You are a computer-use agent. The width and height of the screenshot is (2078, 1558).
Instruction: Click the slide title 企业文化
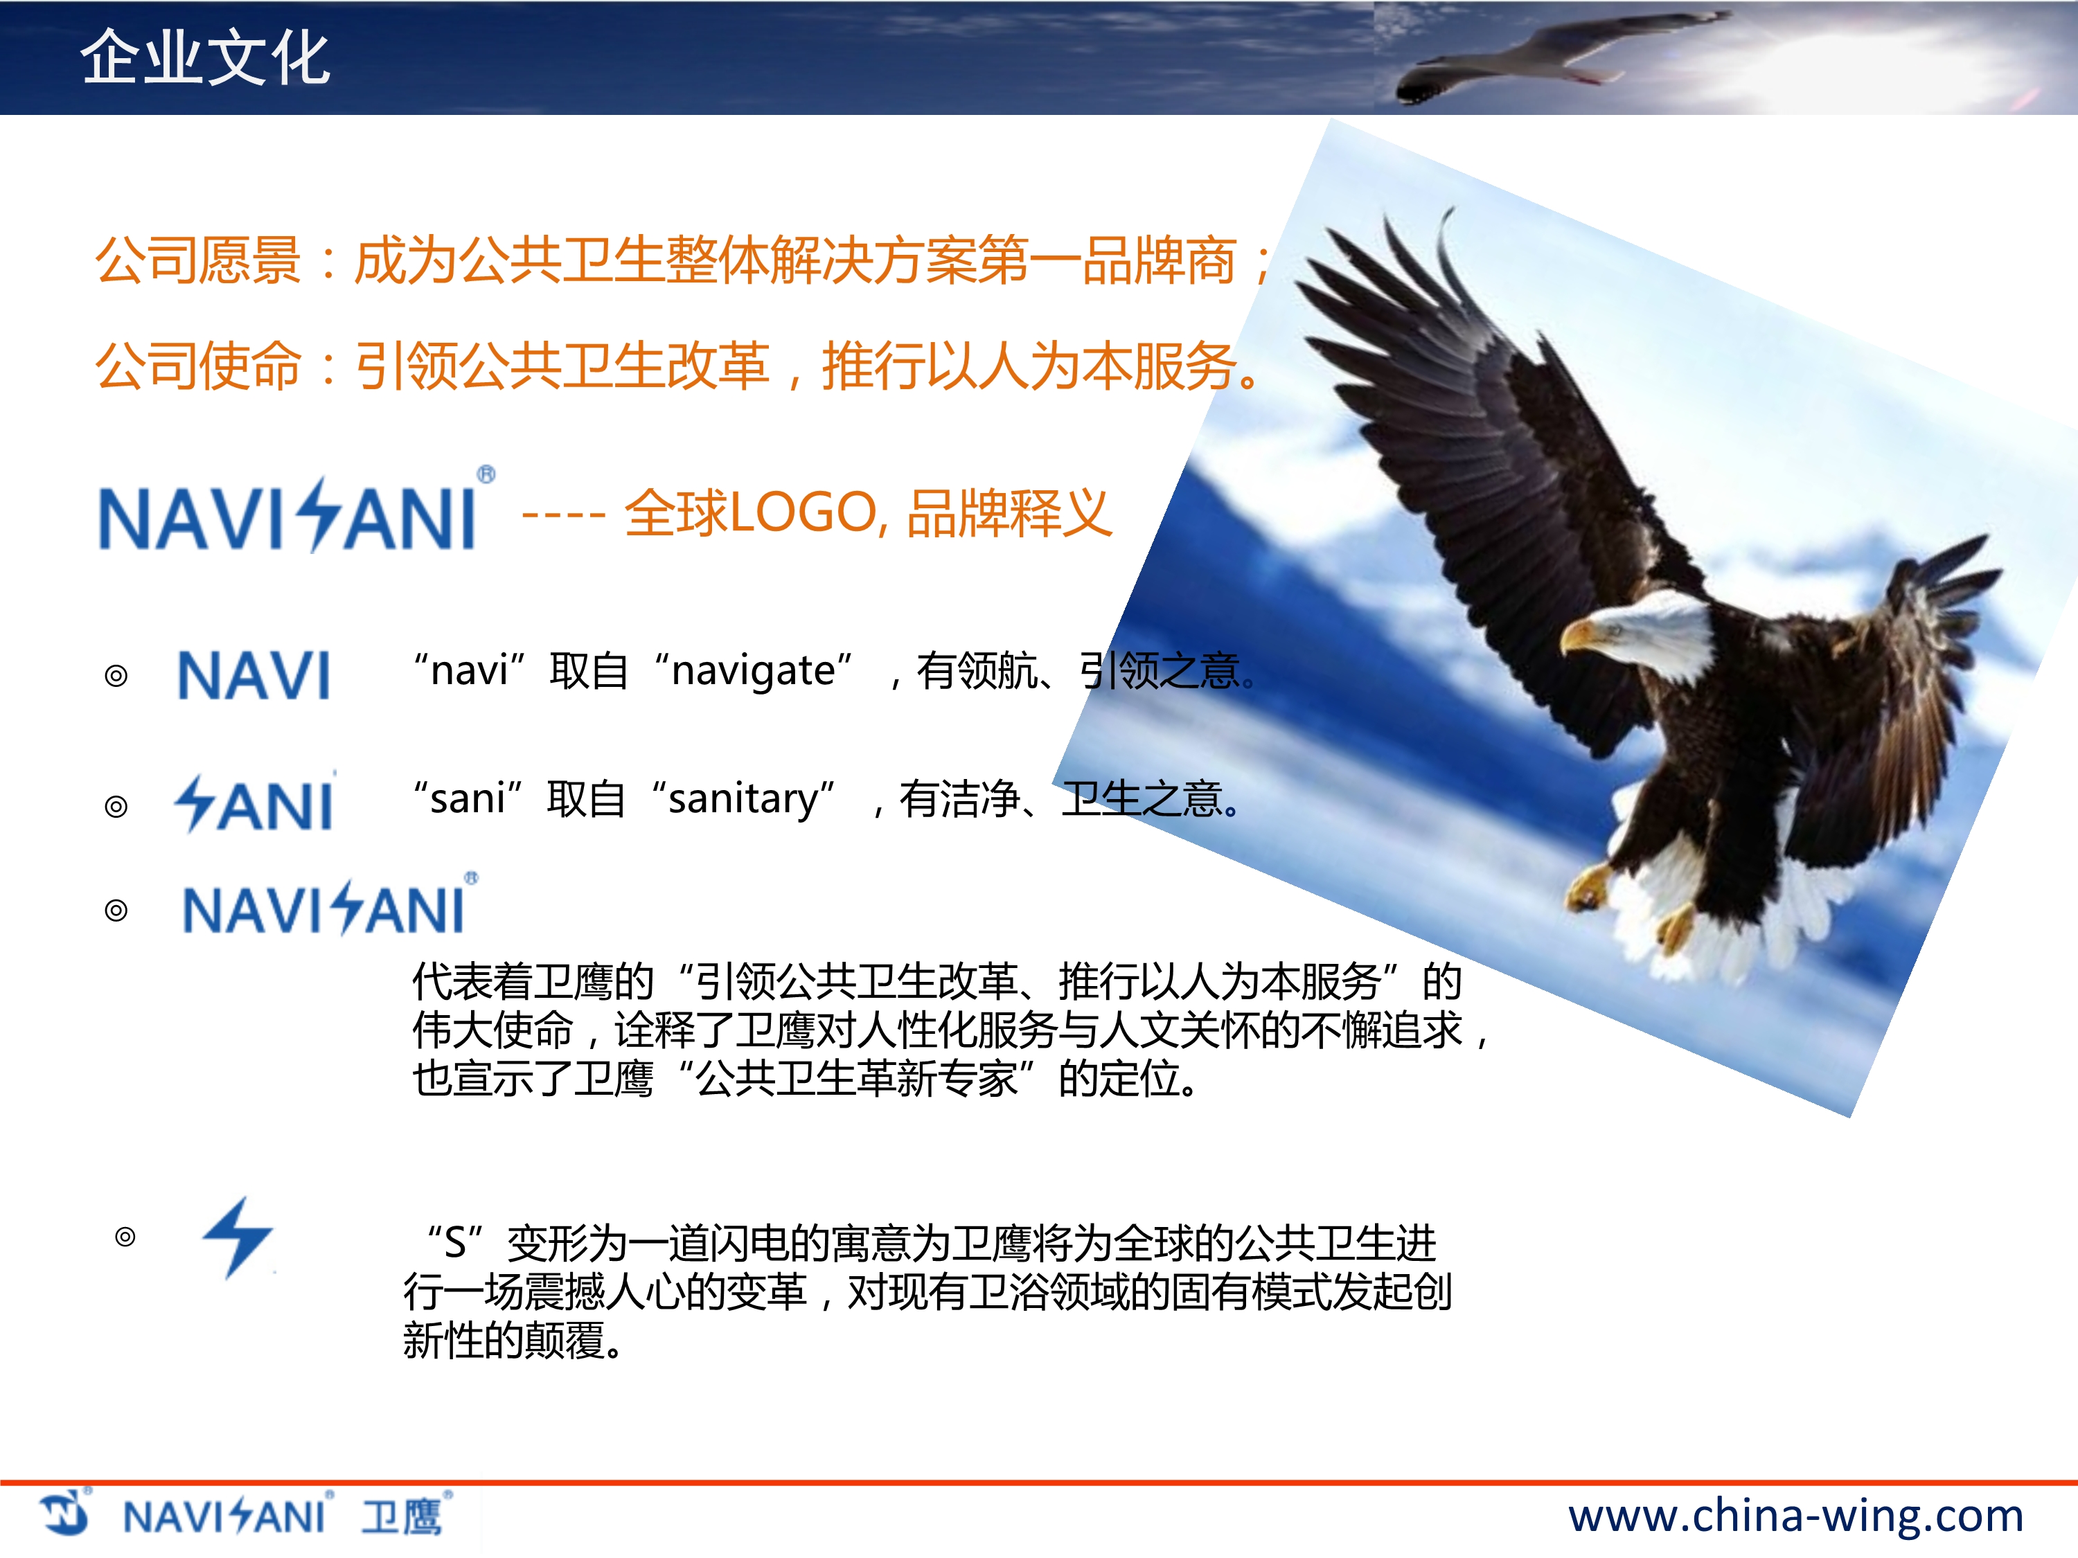(x=205, y=57)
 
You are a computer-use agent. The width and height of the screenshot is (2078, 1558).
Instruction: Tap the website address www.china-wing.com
(x=1795, y=1516)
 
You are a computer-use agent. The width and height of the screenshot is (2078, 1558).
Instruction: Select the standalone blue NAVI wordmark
(x=254, y=675)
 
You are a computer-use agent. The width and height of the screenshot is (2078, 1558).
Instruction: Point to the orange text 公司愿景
(x=197, y=260)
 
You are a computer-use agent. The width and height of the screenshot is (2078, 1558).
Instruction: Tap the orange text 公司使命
(x=197, y=366)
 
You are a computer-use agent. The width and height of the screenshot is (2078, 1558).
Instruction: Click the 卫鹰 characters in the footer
(x=402, y=1516)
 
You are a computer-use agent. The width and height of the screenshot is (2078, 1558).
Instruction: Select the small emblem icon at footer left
(x=64, y=1513)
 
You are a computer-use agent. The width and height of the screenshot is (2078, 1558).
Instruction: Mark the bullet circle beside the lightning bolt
(x=125, y=1237)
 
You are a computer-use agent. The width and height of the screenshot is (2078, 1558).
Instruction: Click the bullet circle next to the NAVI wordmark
(x=116, y=676)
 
